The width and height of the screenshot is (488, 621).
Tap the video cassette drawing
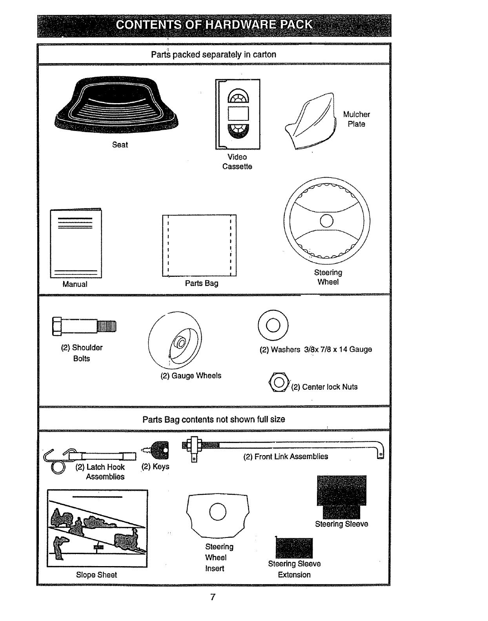tap(238, 114)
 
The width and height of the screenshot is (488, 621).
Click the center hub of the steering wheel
tap(326, 221)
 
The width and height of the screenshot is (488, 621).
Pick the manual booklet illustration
tap(76, 243)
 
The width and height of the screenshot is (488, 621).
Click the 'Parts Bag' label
tap(202, 283)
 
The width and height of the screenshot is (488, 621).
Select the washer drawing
tap(273, 325)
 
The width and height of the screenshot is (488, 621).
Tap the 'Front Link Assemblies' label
tap(286, 457)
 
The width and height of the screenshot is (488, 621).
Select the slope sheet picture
tap(97, 528)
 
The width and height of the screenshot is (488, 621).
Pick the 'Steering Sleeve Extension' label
tap(294, 569)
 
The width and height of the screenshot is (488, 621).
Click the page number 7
tap(213, 597)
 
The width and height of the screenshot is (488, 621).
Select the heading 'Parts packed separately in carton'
tap(214, 54)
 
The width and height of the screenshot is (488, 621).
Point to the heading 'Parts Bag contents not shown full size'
tap(214, 419)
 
